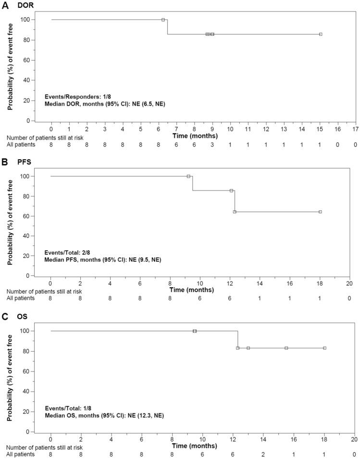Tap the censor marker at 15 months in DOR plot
click(x=321, y=34)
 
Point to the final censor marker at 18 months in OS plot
click(x=324, y=348)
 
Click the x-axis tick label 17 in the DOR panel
click(x=355, y=129)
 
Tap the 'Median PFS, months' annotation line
click(x=102, y=259)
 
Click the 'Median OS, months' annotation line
click(x=104, y=415)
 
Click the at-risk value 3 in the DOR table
click(x=212, y=144)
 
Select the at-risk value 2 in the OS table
click(x=263, y=454)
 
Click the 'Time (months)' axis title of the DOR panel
click(x=195, y=136)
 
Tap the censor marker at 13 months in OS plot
click(x=248, y=348)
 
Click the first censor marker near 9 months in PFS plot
click(x=188, y=176)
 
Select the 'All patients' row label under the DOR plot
click(x=21, y=144)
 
